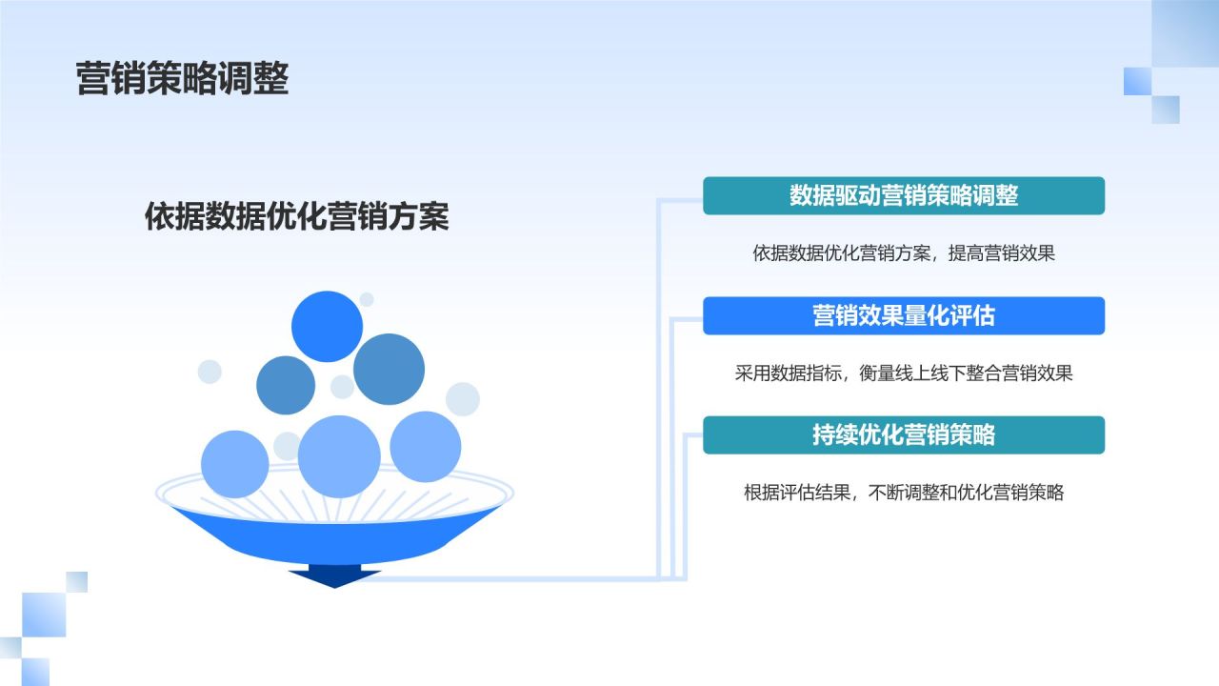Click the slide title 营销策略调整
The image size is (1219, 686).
(x=182, y=79)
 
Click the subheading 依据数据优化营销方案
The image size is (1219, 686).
(x=296, y=216)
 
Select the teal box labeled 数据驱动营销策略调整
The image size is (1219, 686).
(x=903, y=195)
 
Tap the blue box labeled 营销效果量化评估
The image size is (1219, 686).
(x=903, y=315)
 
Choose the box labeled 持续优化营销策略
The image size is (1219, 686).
(x=903, y=434)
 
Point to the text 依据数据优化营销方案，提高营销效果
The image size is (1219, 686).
(x=903, y=253)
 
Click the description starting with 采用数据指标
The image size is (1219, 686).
(x=903, y=373)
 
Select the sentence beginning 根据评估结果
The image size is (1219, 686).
(x=903, y=493)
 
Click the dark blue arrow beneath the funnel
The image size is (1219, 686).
(x=334, y=575)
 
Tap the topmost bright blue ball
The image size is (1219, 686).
(x=327, y=326)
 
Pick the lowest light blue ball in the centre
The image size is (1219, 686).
(x=339, y=456)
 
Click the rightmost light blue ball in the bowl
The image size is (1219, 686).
(x=426, y=446)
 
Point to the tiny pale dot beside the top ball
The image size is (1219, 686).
(x=367, y=299)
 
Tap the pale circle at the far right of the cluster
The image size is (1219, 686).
(x=463, y=398)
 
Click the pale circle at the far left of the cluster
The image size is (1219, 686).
(x=210, y=372)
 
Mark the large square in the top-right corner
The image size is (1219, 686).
(x=1185, y=33)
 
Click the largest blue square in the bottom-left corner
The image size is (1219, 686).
(x=44, y=615)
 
